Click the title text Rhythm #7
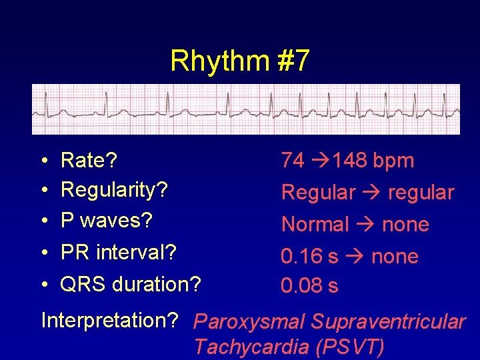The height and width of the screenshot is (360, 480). [240, 61]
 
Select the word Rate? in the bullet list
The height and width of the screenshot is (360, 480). [89, 160]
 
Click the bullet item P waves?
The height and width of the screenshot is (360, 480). [107, 220]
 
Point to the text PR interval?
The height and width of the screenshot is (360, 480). [118, 253]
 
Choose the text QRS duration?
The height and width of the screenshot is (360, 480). [130, 284]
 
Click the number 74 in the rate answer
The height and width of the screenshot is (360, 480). [293, 160]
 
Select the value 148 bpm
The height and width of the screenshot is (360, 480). [373, 160]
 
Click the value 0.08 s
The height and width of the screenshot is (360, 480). [309, 286]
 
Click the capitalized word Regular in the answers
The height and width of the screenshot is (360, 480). [319, 193]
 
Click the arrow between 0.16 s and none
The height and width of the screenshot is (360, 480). [354, 257]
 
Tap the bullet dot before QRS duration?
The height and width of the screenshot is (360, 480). [43, 285]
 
